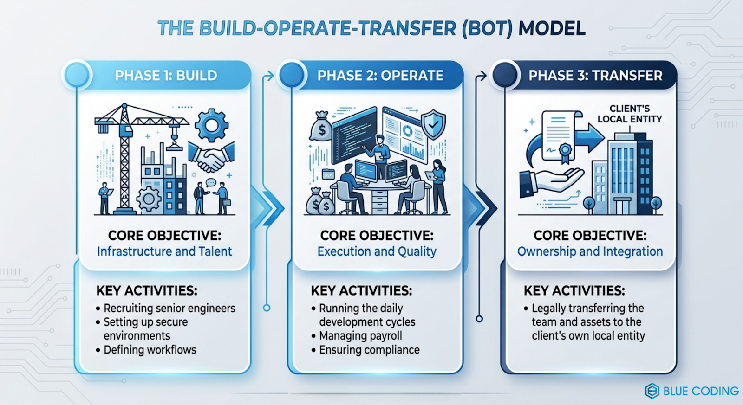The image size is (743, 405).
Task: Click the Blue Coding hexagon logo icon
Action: click(652, 391)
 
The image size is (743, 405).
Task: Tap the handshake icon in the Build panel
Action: click(211, 157)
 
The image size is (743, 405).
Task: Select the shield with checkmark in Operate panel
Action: click(433, 124)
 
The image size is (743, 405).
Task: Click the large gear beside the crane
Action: click(211, 124)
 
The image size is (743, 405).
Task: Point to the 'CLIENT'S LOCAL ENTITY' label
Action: click(629, 114)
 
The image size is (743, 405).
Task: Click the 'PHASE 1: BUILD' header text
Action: click(166, 76)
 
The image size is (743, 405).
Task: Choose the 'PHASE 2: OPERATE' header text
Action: click(380, 76)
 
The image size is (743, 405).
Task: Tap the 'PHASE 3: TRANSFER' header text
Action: click(595, 76)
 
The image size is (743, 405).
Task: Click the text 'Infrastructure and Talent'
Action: click(164, 251)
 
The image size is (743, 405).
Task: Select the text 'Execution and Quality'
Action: click(377, 251)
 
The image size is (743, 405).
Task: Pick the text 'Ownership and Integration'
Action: click(590, 251)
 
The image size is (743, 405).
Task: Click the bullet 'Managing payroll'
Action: click(360, 336)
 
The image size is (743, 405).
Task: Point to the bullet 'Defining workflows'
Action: click(150, 350)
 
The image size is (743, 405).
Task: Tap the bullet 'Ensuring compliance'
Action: click(369, 350)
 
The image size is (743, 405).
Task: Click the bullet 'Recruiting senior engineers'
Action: click(169, 308)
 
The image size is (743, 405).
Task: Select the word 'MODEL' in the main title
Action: click(552, 29)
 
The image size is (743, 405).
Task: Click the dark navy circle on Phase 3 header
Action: click(504, 75)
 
